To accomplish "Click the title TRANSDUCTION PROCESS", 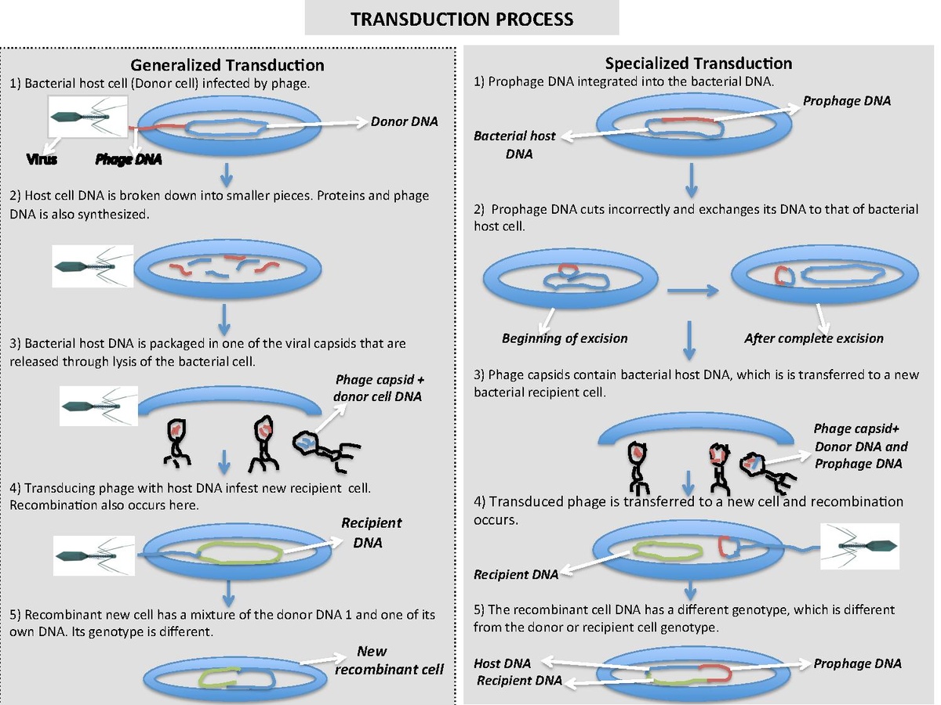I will [x=462, y=18].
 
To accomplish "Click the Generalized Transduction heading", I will [x=227, y=65].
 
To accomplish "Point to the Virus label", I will [x=42, y=160].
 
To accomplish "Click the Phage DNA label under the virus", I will [x=128, y=160].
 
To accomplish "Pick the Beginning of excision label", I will [x=565, y=338].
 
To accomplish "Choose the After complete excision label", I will [x=813, y=338].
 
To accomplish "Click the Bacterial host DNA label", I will [x=514, y=145].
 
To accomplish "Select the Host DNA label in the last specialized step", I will [x=502, y=663].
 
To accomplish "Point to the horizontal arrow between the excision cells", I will [x=692, y=290].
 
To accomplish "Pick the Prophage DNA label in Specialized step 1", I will [x=847, y=101].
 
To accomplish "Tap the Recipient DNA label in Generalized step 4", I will [x=372, y=532].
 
